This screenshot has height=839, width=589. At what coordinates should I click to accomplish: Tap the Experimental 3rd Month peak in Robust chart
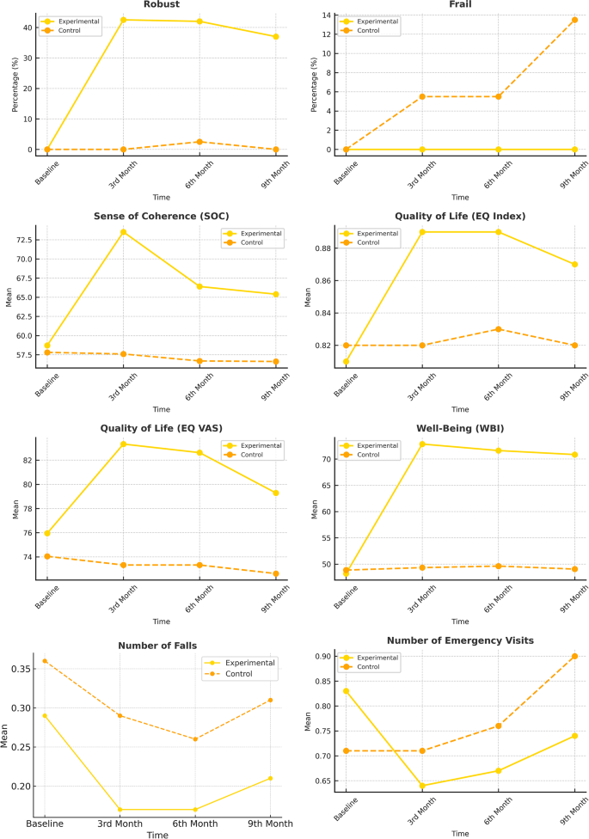pos(123,20)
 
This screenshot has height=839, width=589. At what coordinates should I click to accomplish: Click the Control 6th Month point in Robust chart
pos(199,142)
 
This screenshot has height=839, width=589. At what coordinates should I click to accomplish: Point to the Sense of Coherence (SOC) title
pos(161,215)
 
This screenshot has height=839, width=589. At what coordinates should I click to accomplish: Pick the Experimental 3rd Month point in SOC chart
pos(123,232)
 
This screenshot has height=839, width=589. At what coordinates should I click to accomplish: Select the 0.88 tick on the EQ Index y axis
pos(322,248)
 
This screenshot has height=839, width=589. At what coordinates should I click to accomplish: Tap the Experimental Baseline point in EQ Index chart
pos(347,362)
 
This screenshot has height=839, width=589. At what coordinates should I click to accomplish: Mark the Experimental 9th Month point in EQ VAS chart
pos(276,493)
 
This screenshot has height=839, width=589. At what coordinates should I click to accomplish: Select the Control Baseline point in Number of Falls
pos(45,661)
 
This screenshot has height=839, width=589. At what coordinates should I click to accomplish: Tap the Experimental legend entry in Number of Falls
pos(249,663)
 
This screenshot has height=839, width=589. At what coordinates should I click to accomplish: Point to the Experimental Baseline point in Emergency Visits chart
pos(347,691)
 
